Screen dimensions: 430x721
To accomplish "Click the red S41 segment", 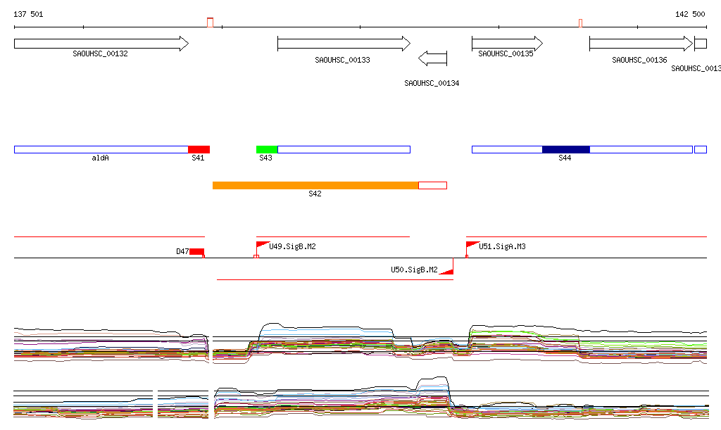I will point(199,149).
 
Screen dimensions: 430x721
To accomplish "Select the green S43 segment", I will point(267,149).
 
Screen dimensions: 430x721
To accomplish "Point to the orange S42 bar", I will point(315,185).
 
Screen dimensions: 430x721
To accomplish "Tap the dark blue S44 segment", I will point(565,149).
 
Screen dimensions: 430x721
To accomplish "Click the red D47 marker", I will point(196,251).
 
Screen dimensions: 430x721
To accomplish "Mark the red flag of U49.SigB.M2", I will point(261,246).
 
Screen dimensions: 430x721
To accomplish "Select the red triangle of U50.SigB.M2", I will point(446,270).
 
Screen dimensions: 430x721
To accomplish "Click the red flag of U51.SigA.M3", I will point(471,246).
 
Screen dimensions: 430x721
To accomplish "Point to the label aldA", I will point(101,158).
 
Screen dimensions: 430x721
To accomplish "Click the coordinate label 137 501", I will point(28,14).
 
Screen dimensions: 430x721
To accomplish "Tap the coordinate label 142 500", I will point(690,14).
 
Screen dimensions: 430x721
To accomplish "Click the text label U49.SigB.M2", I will point(292,246).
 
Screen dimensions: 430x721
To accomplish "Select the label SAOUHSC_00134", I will point(432,83).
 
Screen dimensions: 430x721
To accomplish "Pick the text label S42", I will point(315,194).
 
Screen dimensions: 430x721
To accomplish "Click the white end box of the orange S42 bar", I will point(432,185).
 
